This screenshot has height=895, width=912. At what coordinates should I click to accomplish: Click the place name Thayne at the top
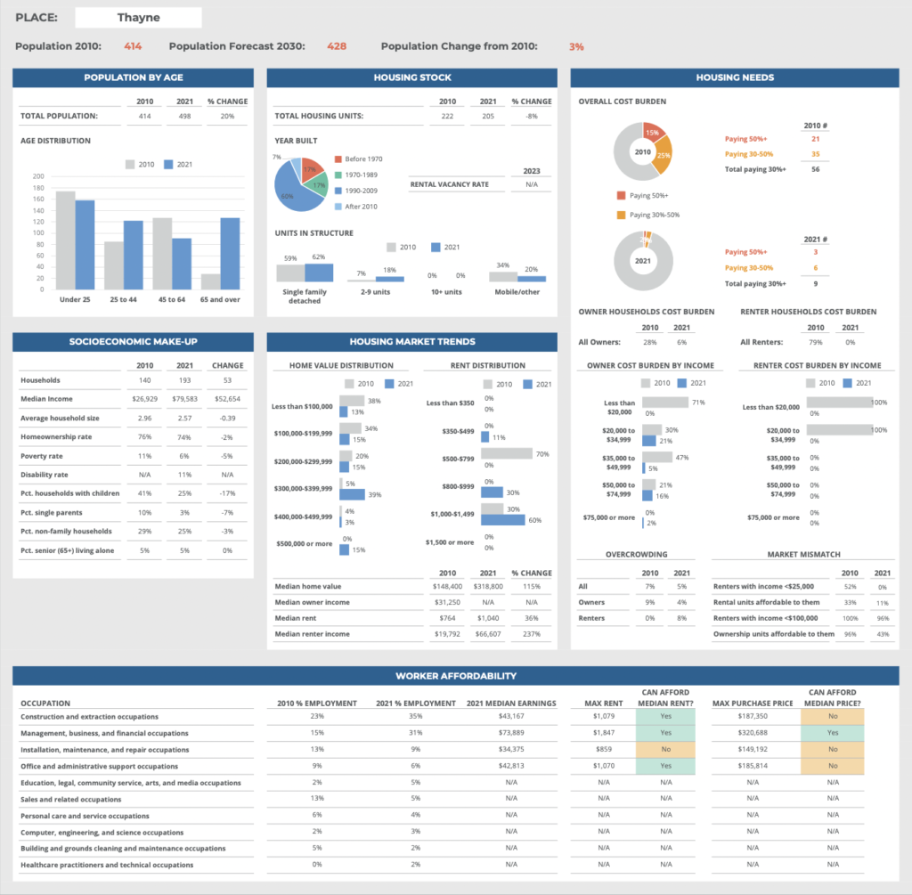click(x=138, y=17)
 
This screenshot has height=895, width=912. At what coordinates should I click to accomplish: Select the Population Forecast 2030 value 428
click(x=337, y=46)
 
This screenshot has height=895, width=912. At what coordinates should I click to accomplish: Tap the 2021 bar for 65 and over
click(x=230, y=254)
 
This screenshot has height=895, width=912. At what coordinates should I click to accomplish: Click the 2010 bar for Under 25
click(x=65, y=240)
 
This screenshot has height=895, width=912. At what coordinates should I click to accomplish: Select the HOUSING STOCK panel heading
click(x=412, y=77)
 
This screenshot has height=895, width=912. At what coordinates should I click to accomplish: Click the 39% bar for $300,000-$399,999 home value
click(x=353, y=494)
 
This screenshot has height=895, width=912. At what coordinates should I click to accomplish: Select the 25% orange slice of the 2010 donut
click(x=662, y=156)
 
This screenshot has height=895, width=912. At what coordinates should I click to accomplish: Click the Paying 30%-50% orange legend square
click(x=621, y=215)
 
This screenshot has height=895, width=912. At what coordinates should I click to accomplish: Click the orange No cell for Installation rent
click(x=666, y=750)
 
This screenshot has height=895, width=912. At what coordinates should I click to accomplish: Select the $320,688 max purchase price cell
click(x=753, y=733)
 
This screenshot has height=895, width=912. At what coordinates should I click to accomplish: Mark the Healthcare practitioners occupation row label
click(x=107, y=865)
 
